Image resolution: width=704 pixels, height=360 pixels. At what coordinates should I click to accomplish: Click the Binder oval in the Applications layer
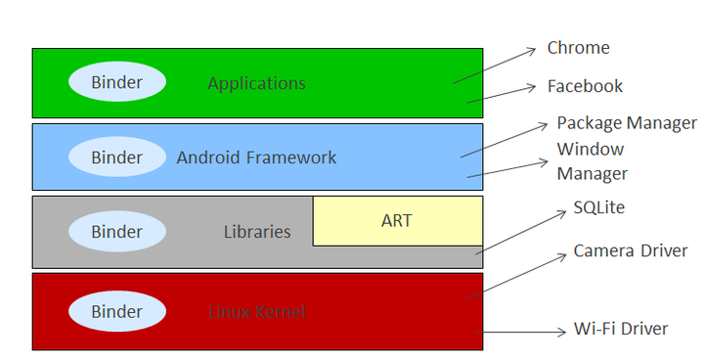coord(116,83)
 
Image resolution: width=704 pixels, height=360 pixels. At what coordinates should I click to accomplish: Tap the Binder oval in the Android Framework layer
coord(116,157)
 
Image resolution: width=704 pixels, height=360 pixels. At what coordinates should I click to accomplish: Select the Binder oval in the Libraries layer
coord(116,232)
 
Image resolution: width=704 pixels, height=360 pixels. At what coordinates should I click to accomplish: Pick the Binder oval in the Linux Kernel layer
coord(116,312)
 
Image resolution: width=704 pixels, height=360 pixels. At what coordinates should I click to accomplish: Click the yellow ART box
coord(397,221)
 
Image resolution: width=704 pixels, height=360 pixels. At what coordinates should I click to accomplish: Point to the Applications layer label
coord(256,83)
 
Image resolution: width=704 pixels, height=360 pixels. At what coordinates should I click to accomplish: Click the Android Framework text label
coord(256,157)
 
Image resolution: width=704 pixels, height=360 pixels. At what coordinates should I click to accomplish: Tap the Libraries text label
coord(257,232)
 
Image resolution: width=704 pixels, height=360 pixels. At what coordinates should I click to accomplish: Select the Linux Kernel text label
coord(257,312)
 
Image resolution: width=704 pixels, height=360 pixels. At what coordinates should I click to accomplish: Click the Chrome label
coord(578,48)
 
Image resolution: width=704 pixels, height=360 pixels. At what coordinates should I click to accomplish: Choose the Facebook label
coord(585,86)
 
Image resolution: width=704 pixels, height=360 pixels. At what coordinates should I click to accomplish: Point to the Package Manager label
coord(627,123)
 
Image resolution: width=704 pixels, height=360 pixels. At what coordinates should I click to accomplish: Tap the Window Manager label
coord(592,161)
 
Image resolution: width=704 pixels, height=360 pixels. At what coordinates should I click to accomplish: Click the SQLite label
coord(598,207)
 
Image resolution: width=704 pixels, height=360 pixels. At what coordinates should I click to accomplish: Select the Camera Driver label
coord(631,251)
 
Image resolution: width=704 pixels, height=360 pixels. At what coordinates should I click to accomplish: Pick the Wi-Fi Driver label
coord(621,329)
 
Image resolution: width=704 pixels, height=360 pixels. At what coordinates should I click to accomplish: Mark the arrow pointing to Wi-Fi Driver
coord(524,332)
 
